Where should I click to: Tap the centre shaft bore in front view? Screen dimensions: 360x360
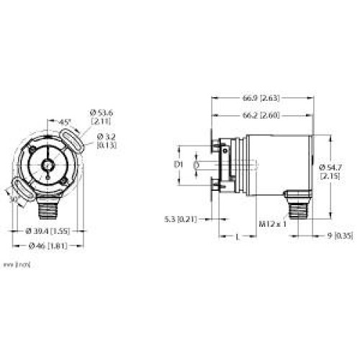click(x=48, y=165)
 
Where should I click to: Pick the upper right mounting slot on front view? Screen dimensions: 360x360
click(x=75, y=136)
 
